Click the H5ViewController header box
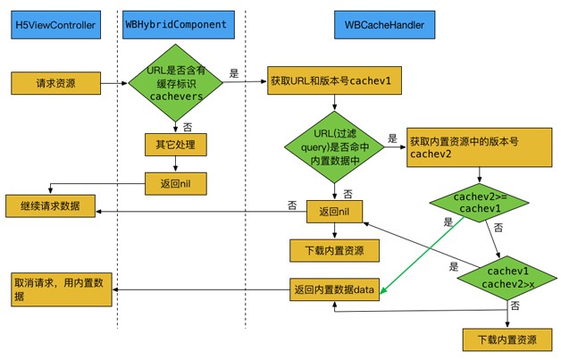click(x=55, y=25)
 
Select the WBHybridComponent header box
click(x=175, y=25)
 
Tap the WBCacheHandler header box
click(x=383, y=25)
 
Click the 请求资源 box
click(x=55, y=83)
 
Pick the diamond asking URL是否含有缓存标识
click(x=176, y=83)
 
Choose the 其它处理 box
click(x=176, y=144)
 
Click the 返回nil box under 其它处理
click(x=176, y=183)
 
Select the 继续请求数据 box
click(x=50, y=206)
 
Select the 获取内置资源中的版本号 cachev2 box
click(x=477, y=147)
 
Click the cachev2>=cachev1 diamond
click(x=481, y=202)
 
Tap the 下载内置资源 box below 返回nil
click(x=334, y=250)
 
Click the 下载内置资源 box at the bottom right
click(x=507, y=339)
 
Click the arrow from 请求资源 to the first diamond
click(x=113, y=83)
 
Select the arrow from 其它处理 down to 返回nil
click(x=176, y=163)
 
